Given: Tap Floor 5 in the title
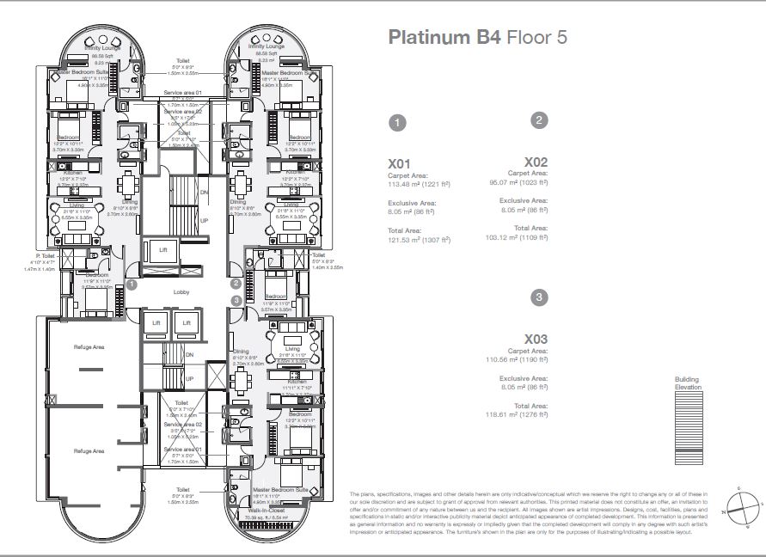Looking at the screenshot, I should (x=536, y=38).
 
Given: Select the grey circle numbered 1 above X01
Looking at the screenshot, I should (x=397, y=123).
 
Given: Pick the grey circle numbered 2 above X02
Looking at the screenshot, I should (x=539, y=120).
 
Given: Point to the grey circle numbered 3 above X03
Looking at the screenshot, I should (x=539, y=297).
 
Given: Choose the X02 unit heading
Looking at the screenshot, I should (x=536, y=162).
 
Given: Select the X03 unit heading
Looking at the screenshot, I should (x=536, y=339).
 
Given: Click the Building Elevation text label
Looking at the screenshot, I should (x=688, y=383).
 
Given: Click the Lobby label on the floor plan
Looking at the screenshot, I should (x=181, y=292).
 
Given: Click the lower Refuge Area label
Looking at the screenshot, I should (x=89, y=450).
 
